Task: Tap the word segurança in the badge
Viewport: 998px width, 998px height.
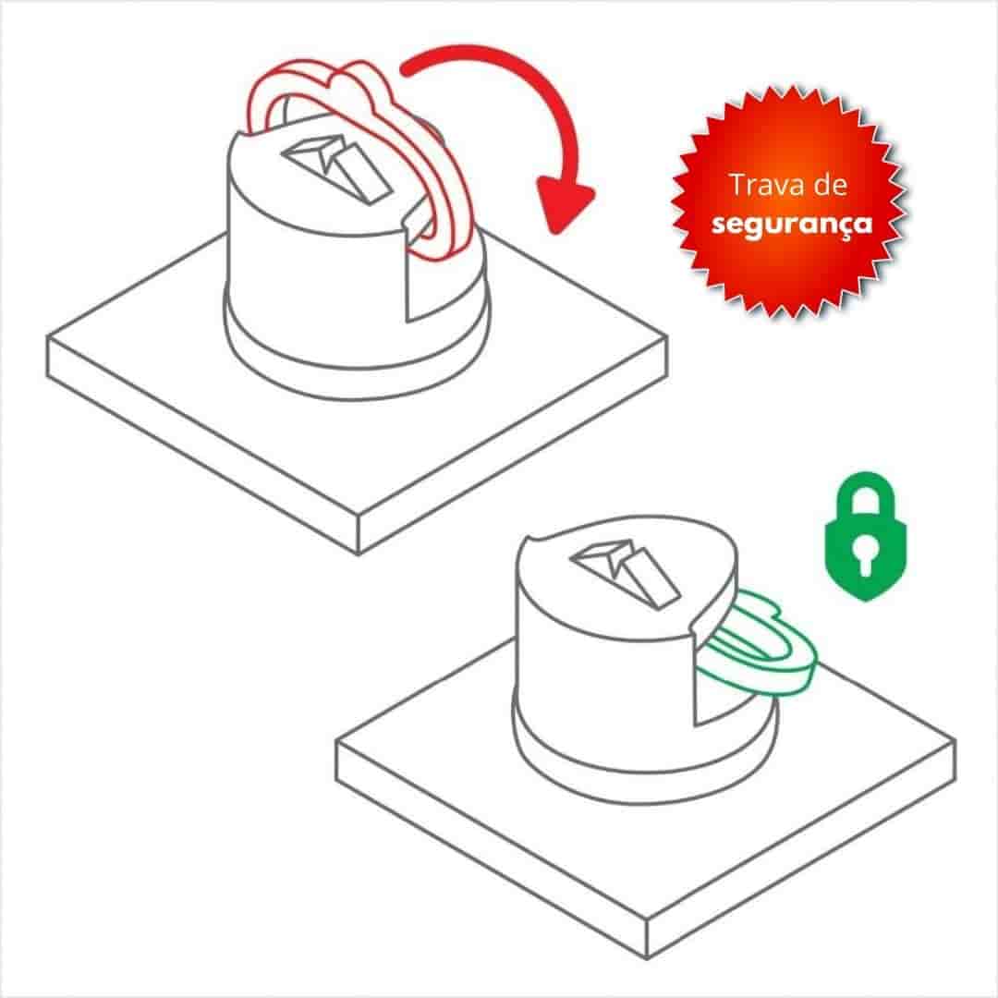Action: tap(792, 224)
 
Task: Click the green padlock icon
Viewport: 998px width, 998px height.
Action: tap(865, 536)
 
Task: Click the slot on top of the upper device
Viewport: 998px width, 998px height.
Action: tap(336, 166)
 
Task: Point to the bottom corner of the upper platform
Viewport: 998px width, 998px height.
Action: tap(359, 553)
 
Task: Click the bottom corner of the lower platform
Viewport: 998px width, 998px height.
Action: tap(647, 957)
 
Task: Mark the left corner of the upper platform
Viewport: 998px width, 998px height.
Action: tap(49, 337)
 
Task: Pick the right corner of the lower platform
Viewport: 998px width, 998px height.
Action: tap(955, 741)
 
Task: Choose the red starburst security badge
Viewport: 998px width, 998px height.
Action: tap(790, 203)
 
